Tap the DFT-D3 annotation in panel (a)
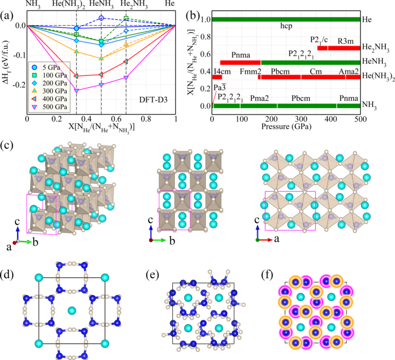(x=155, y=100)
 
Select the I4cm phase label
(x=218, y=70)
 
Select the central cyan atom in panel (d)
(x=72, y=310)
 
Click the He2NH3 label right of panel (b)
(x=374, y=48)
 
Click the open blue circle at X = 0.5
(x=101, y=18)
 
